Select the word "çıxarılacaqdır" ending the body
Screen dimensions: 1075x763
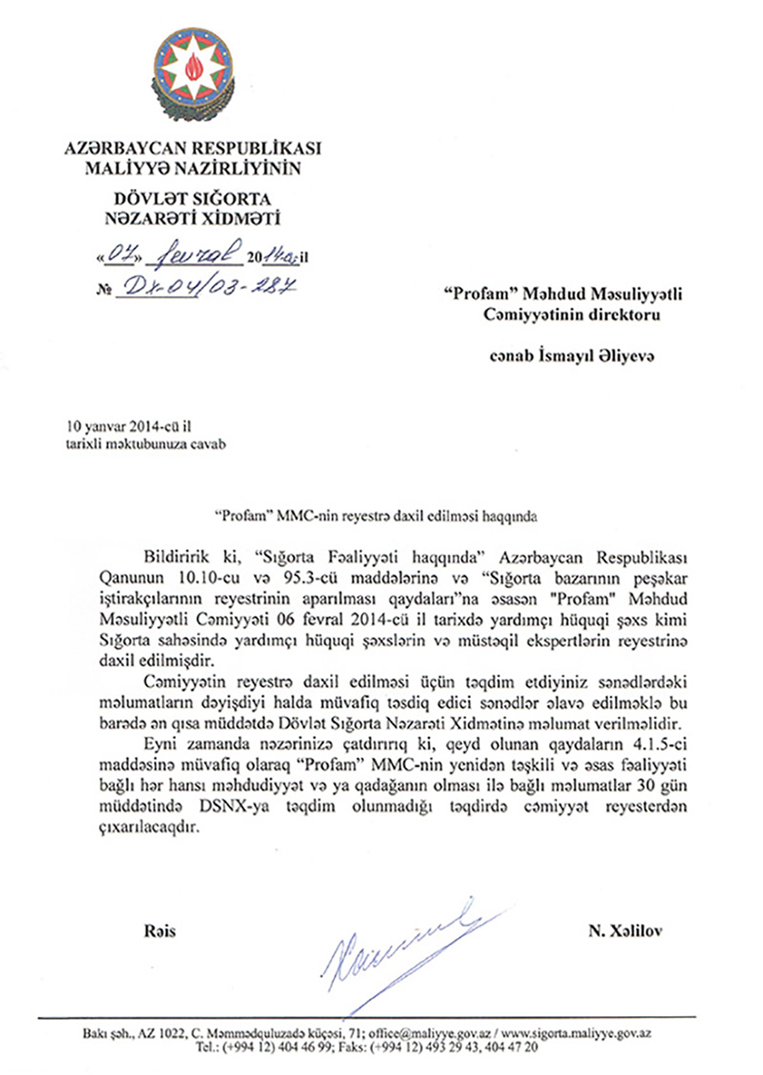[147, 827]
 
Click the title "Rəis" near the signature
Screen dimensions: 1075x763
[160, 931]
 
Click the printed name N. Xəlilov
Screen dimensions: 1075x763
[625, 931]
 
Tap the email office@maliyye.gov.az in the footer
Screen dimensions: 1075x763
[430, 1033]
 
